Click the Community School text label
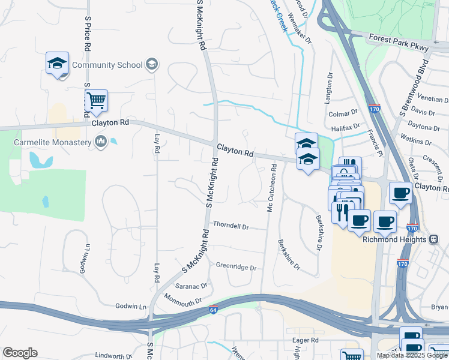coord(107,65)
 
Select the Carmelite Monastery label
coord(53,142)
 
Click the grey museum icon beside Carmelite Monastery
coord(100,142)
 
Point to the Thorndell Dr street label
coord(231,227)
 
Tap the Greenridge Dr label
coord(236,266)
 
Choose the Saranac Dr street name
coord(191,286)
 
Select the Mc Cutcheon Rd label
coord(271,188)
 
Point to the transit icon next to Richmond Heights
coord(433,239)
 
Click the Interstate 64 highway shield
coord(214,310)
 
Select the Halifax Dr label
coord(345,127)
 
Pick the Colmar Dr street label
coord(343,112)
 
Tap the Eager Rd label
coord(305,340)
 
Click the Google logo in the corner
coord(20,353)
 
